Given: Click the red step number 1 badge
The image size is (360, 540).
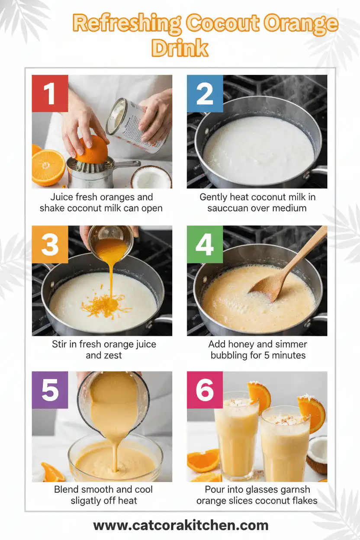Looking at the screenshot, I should click(x=50, y=93).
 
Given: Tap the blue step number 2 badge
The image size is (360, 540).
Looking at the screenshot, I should click(x=205, y=93).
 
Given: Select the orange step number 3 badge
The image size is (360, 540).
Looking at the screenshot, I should click(x=50, y=244).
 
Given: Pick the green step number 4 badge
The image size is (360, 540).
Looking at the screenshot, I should click(x=205, y=244).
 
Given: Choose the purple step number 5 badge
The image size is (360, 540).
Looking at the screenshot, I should click(x=50, y=389).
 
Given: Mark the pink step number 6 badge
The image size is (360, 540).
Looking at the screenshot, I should click(x=205, y=389).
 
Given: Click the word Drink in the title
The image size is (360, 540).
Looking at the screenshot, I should click(x=180, y=48).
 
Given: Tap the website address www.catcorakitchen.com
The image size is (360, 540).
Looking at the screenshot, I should click(x=180, y=525).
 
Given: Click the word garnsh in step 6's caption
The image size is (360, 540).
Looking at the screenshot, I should click(x=293, y=490).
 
